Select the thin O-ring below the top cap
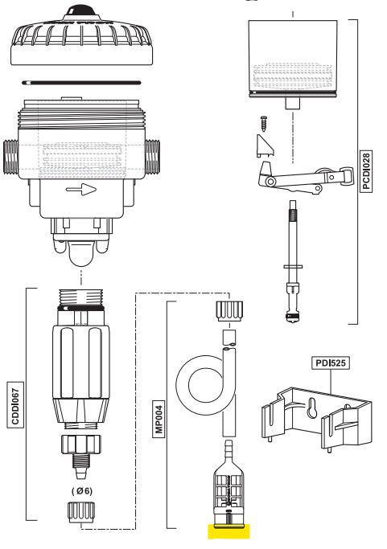click(88, 84)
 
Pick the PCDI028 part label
click(365, 172)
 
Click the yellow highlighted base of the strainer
click(229, 531)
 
